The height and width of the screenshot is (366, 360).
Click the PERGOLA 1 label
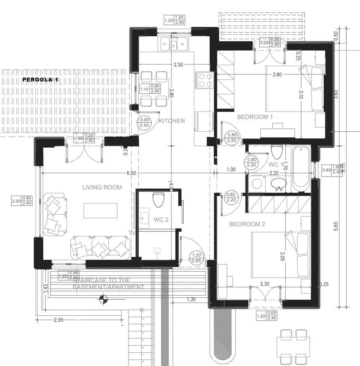[x=40, y=79]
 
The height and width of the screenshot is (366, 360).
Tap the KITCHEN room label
[x=172, y=121]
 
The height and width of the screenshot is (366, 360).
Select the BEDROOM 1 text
[x=255, y=117]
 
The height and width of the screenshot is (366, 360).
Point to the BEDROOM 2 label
[x=247, y=224]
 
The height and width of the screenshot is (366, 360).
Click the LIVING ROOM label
[x=102, y=187]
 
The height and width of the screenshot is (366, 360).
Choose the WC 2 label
[x=161, y=220]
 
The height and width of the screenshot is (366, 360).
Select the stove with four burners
[x=205, y=80]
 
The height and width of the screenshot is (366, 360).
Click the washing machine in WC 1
[x=257, y=183]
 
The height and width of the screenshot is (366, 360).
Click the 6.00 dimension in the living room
[x=131, y=173]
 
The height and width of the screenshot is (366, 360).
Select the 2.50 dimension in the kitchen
[x=178, y=65]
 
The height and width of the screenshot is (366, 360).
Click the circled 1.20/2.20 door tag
[x=196, y=258]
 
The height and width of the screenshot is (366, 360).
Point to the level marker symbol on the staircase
[x=104, y=300]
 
